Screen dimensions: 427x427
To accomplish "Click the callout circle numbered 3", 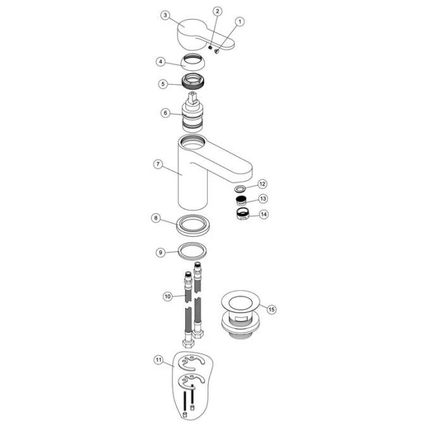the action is [x=165, y=15].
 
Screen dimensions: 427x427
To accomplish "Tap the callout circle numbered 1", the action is [x=240, y=22].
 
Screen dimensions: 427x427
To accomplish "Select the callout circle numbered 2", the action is [x=217, y=11].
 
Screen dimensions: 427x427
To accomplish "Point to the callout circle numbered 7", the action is [x=158, y=164].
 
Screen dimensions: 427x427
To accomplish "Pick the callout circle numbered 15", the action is [x=271, y=309].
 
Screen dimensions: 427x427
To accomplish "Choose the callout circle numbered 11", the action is [x=158, y=360].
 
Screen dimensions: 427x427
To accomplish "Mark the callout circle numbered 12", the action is [x=262, y=184].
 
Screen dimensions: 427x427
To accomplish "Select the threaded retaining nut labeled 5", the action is [x=192, y=82].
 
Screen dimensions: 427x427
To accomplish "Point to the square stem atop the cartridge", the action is [x=193, y=98].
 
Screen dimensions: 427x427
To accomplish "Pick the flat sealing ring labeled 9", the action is [x=192, y=251].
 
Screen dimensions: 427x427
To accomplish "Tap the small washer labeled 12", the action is [x=240, y=188].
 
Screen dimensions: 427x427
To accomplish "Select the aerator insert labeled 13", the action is [x=241, y=201].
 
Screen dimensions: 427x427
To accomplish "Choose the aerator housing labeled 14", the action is [x=242, y=214].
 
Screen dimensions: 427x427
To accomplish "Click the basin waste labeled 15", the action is [x=240, y=314].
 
